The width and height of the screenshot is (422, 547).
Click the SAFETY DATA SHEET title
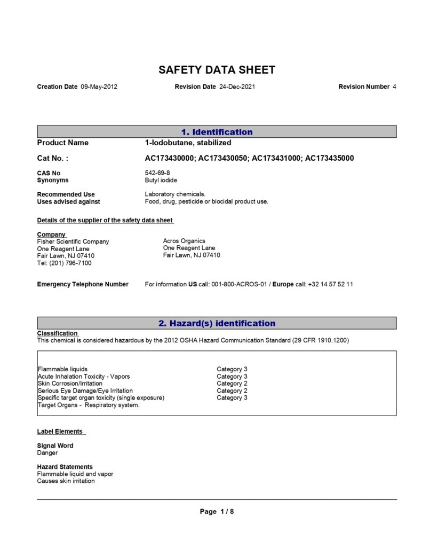217,70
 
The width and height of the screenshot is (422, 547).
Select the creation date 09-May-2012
99,87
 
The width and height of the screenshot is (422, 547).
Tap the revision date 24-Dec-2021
237,87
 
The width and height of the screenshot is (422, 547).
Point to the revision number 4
394,87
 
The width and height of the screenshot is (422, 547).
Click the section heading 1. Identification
217,132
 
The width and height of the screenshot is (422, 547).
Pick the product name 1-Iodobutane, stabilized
188,143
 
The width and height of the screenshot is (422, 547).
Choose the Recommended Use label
66,194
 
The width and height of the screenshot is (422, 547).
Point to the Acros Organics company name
184,241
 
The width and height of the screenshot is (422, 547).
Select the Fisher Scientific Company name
73,241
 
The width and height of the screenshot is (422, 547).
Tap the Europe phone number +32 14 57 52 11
330,284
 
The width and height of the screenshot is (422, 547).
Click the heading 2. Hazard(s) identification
217,323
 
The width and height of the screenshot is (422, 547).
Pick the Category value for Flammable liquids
232,369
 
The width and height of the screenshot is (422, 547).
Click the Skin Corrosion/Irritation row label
70,384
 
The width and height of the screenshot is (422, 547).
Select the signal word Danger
47,453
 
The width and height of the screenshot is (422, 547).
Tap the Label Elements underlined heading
60,432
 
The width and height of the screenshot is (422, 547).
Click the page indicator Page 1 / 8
217,512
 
